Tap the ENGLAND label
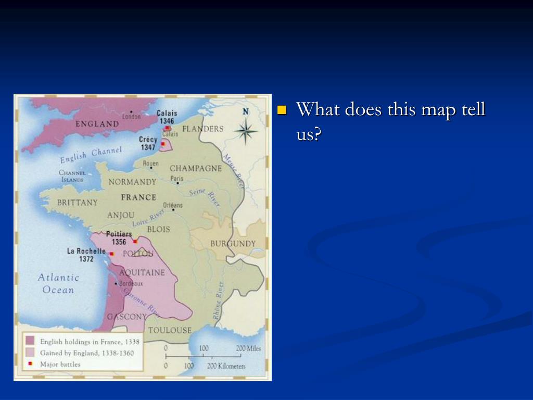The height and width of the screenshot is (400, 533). point(97,124)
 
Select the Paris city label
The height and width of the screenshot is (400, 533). point(177,179)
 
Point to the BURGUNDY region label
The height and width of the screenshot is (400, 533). point(233,244)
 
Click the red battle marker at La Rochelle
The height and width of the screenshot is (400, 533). point(111,254)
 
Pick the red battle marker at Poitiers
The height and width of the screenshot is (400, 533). point(135,241)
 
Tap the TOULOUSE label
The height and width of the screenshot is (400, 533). point(170,330)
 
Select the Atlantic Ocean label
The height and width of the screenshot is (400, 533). point(58,284)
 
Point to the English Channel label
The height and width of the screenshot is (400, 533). point(91,155)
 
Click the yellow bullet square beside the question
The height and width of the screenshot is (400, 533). point(282,110)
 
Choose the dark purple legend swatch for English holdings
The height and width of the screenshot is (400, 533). point(30,341)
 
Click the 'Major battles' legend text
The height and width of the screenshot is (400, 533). point(60,364)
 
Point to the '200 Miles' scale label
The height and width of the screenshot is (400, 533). point(248,348)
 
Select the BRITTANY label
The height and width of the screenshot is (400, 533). point(77,203)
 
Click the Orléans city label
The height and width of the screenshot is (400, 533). point(173,205)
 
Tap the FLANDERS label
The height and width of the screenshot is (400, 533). point(203,129)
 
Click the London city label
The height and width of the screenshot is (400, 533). point(131,117)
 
